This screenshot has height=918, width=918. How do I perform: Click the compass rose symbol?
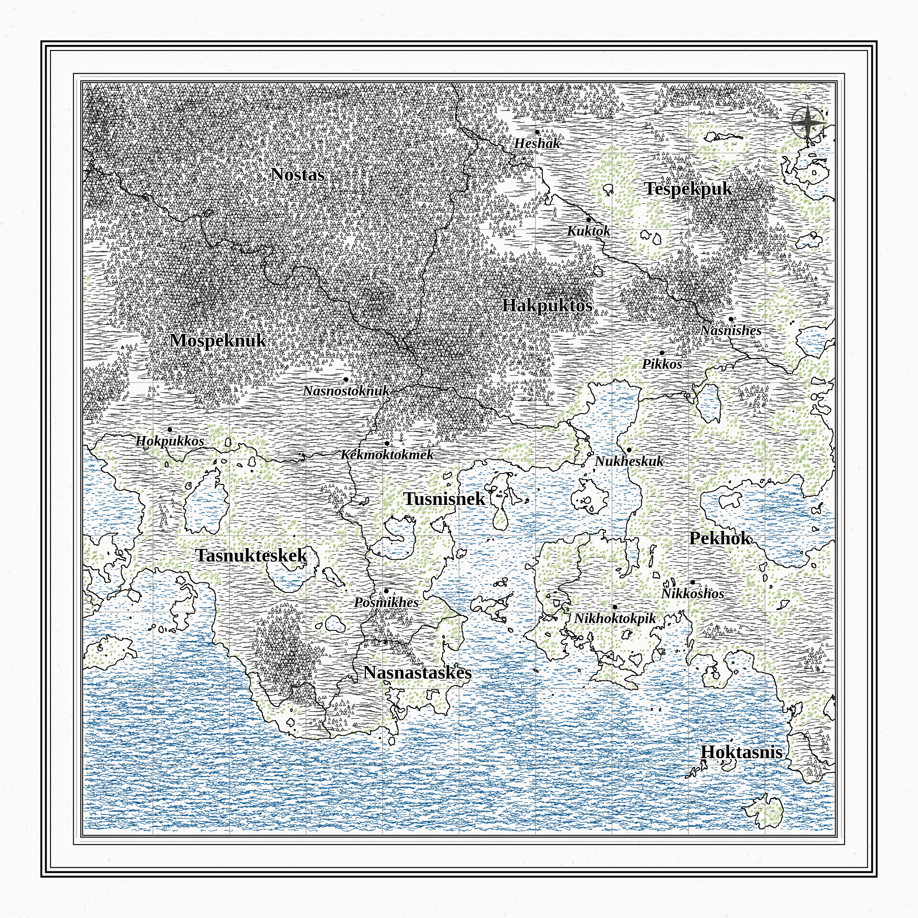808,122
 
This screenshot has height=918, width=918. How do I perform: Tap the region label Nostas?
298,175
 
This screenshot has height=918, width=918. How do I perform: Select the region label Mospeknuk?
218,341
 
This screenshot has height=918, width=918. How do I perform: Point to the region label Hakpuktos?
547,306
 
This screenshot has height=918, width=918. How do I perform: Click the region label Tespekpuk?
688,189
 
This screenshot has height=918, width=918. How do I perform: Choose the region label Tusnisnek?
444,499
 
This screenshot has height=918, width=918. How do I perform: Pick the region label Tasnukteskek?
251,555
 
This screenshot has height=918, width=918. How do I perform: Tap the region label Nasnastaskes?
418,673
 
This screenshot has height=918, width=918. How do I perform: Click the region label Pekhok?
720,538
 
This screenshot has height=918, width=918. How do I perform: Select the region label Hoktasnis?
741,752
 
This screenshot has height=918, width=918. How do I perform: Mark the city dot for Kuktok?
588,220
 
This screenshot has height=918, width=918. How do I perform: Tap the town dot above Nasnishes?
731,319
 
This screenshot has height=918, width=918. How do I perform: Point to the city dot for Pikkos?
662,353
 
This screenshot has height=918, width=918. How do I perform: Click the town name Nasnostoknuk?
347,391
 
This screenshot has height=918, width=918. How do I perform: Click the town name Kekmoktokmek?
387,455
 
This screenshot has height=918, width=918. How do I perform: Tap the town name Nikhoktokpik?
614,619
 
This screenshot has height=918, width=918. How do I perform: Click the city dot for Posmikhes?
386,591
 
